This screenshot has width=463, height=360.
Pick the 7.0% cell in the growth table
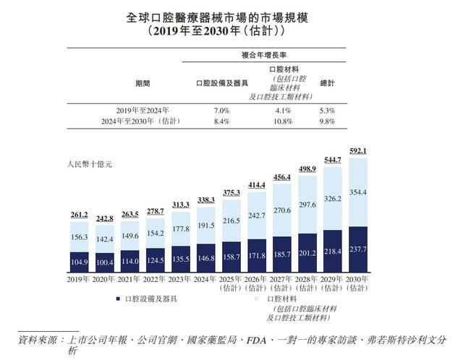[x=221, y=111]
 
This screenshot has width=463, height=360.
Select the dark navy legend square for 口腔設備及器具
[x=116, y=299]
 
